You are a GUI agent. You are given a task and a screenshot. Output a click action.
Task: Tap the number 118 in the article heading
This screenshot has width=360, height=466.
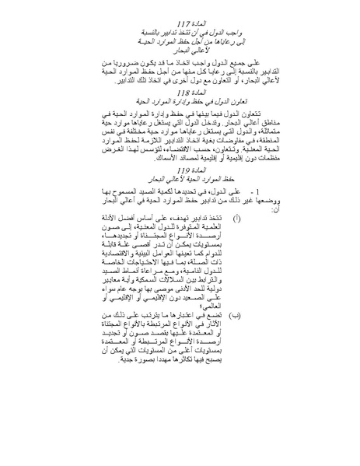click(x=173, y=113)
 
